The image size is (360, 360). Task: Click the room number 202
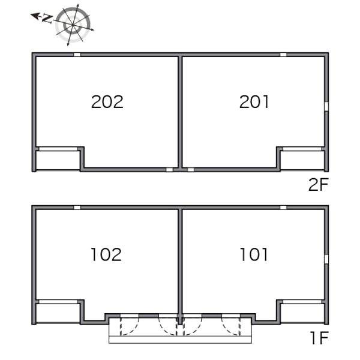[x=107, y=102]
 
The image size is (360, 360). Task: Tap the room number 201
[x=254, y=102]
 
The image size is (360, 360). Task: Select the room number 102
[x=106, y=254]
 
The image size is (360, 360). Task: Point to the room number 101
[x=254, y=254]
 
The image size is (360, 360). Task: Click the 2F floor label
[x=319, y=185]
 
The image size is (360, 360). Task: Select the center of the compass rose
[x=73, y=25]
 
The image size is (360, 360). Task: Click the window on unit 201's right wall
[x=326, y=106]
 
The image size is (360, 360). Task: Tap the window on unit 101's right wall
[x=326, y=259]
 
